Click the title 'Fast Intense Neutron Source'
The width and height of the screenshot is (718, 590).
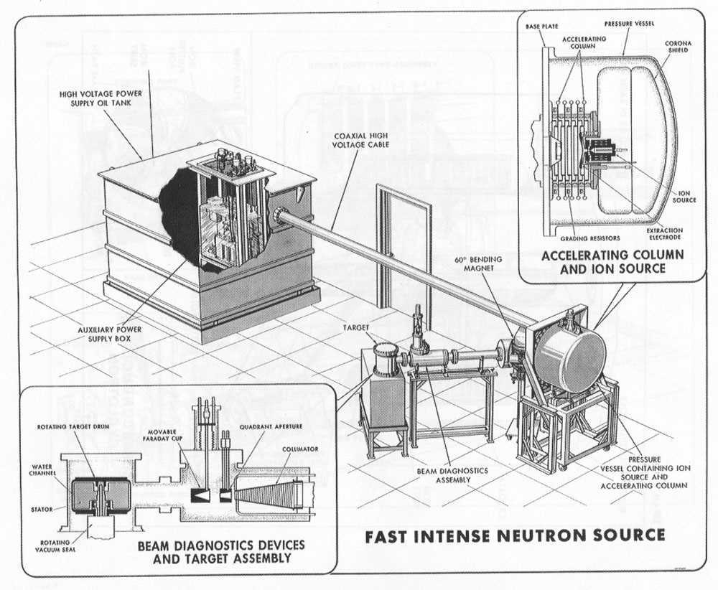pos(515,535)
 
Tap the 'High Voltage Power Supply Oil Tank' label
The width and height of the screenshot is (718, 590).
pos(101,98)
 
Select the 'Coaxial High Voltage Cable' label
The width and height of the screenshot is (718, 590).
pos(361,140)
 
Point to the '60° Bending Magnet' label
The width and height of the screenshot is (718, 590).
pos(477,263)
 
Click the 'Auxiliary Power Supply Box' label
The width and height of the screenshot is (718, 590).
pos(109,334)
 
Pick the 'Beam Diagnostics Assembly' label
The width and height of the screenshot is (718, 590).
pos(452,475)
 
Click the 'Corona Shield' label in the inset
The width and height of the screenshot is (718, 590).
pos(679,47)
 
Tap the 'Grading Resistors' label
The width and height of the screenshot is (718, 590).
pos(590,238)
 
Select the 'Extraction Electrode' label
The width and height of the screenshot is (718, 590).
pos(664,233)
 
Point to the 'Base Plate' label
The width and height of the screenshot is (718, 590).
pos(541,27)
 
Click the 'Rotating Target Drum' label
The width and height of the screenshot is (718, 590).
pos(73,427)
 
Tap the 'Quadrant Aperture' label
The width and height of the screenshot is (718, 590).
pos(271,426)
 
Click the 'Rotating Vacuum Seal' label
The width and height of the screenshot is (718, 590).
pos(55,545)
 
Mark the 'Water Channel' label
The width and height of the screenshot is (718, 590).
pos(42,469)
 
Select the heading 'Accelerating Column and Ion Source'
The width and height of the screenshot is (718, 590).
pos(612,261)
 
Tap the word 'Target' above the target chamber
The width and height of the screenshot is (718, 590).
pos(356,328)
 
